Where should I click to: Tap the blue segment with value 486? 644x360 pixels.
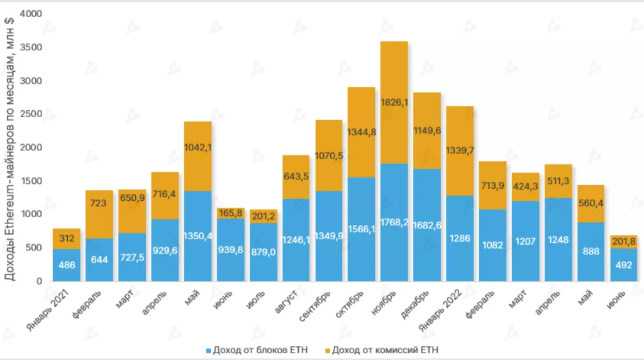click(66, 265)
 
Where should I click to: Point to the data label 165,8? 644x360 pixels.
click(230, 213)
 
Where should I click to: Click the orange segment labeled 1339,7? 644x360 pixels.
click(460, 150)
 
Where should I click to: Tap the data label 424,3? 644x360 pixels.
click(526, 186)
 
